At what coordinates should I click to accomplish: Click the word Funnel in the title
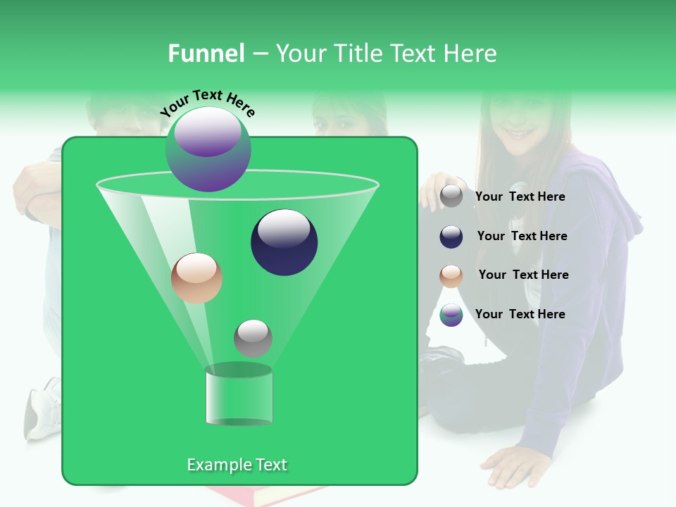coord(206,54)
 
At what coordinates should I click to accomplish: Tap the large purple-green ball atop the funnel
coord(208,149)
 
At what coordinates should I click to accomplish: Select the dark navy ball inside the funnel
coord(284,242)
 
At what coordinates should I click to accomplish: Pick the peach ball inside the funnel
coord(196,278)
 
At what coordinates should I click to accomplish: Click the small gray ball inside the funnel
coord(253,338)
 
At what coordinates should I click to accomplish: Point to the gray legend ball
coord(451,196)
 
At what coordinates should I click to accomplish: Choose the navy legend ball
coord(451,237)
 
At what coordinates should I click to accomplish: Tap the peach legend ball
coord(451,276)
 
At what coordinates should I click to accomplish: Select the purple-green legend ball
coord(451,315)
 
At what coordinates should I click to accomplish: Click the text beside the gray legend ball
coord(520,196)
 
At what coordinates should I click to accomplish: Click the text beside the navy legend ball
coord(522,236)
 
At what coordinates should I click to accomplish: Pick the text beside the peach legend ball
coord(523,275)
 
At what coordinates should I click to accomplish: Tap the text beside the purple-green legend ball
coord(520,314)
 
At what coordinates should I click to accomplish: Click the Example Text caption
coord(237,465)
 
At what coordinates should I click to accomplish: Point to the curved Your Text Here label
coord(207,103)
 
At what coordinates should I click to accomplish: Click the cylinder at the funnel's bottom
coord(239,396)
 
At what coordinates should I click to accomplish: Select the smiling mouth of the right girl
coord(520,132)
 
